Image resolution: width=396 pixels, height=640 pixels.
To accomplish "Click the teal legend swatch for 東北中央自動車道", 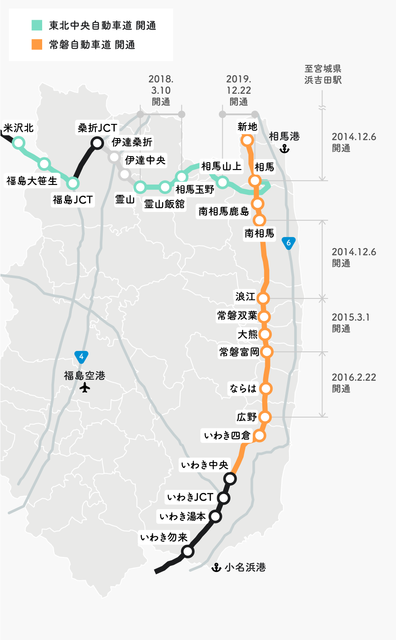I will pyautogui.click(x=37, y=25).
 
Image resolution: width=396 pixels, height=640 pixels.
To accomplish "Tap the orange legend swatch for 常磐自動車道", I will pyautogui.click(x=37, y=44).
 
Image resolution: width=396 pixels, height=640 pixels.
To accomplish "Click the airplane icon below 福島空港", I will pyautogui.click(x=85, y=388).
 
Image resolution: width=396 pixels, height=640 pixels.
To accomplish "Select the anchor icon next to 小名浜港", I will pyautogui.click(x=216, y=567).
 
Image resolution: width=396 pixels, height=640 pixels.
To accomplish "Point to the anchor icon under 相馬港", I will pyautogui.click(x=284, y=149).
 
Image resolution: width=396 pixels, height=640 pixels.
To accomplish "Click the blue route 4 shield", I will pyautogui.click(x=81, y=357).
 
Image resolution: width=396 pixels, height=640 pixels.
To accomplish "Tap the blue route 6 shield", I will pyautogui.click(x=289, y=243).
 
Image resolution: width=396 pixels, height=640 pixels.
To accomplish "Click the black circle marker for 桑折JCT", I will pyautogui.click(x=98, y=143).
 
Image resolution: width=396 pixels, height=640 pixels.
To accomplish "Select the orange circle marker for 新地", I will pyautogui.click(x=247, y=140).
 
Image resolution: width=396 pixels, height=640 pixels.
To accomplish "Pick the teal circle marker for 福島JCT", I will pyautogui.click(x=73, y=183).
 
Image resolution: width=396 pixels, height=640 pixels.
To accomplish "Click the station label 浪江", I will pyautogui.click(x=245, y=297).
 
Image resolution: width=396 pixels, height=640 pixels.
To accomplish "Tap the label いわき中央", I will pyautogui.click(x=205, y=465).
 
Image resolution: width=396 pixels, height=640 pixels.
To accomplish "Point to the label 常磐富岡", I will pyautogui.click(x=239, y=352).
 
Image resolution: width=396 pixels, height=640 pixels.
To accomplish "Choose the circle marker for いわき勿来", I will pyautogui.click(x=187, y=551).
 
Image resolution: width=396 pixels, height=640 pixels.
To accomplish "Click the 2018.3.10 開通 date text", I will pyautogui.click(x=161, y=90).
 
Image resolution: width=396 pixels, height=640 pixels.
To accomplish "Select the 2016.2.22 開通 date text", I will pyautogui.click(x=353, y=383).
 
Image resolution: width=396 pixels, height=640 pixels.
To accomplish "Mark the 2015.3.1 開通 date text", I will pyautogui.click(x=350, y=323).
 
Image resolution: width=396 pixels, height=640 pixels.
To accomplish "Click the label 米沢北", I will pyautogui.click(x=18, y=128).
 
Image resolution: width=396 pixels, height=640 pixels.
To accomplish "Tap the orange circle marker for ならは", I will pyautogui.click(x=266, y=388).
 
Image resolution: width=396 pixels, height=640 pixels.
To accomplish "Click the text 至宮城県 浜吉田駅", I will pyautogui.click(x=323, y=74).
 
